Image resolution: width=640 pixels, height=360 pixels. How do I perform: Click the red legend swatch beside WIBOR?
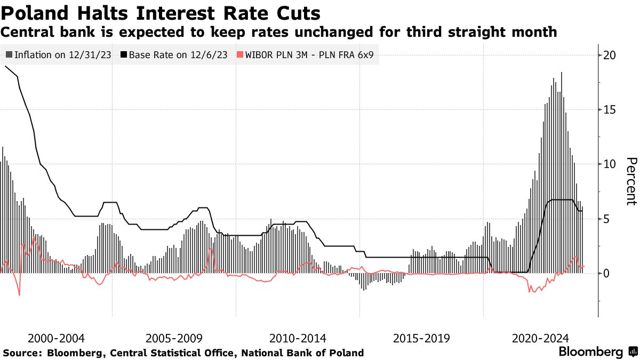[239, 55]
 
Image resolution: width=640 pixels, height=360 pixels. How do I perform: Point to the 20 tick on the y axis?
[610, 55]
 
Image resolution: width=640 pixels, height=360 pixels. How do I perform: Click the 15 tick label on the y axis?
[610, 109]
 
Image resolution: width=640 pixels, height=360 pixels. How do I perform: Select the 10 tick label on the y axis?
[610, 164]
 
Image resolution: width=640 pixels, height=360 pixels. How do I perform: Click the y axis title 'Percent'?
[631, 181]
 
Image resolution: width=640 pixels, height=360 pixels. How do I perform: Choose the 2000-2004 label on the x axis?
[56, 338]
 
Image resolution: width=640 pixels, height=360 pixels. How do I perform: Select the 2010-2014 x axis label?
[299, 338]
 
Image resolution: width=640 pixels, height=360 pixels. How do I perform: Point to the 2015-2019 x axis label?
[421, 338]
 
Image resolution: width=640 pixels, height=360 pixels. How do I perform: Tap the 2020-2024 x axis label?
[541, 338]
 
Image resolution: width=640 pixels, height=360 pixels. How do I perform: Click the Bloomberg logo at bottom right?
[597, 352]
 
